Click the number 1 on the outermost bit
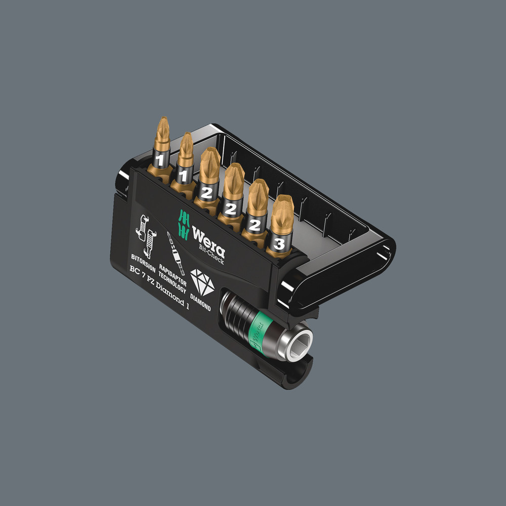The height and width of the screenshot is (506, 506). tap(160, 160)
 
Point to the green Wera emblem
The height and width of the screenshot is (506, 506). tap(184, 223)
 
